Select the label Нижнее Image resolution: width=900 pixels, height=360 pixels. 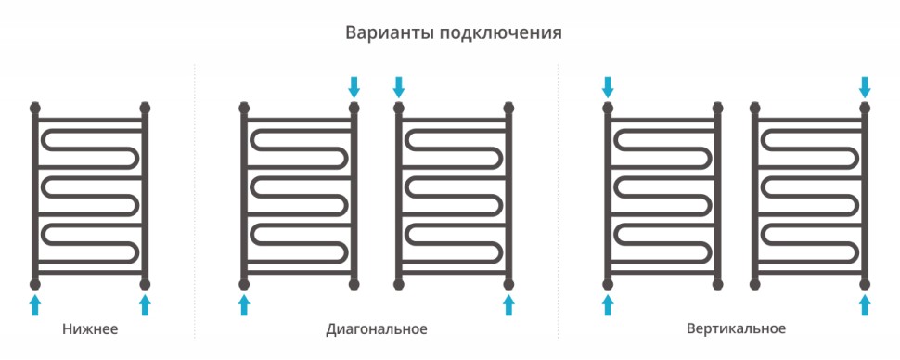click(x=90, y=329)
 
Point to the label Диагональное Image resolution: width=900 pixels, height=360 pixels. click(x=377, y=329)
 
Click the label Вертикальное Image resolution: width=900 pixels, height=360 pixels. click(x=736, y=329)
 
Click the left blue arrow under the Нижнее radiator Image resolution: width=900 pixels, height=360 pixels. click(x=35, y=305)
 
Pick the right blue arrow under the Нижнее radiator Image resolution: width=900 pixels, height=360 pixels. click(x=145, y=305)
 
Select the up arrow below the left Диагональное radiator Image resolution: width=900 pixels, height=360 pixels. click(x=244, y=305)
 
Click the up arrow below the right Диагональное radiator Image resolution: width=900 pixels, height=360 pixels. click(x=508, y=305)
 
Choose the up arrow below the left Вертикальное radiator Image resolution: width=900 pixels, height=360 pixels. click(x=608, y=305)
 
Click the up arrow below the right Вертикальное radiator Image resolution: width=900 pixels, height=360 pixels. click(x=865, y=305)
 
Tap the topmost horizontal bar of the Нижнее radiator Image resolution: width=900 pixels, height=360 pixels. click(x=90, y=120)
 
